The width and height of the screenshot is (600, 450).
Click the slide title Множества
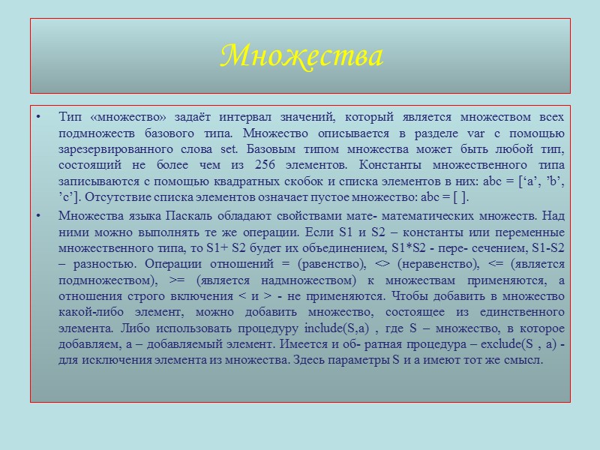pyautogui.click(x=301, y=56)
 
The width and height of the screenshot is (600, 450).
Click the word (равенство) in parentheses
pyautogui.click(x=329, y=264)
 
